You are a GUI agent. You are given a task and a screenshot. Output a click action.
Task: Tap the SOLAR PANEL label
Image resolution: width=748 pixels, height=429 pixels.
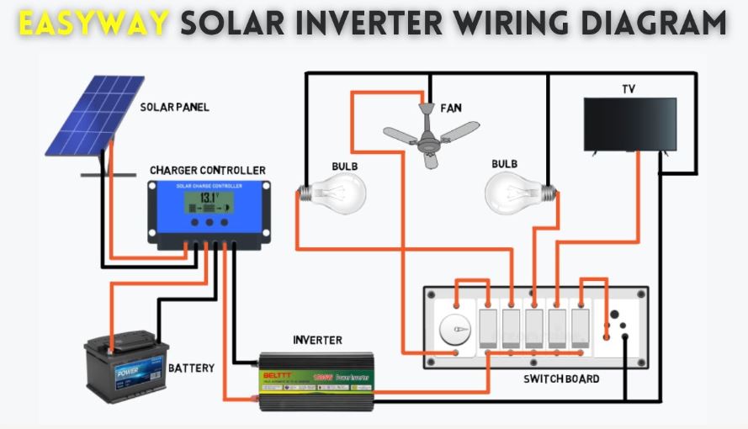click(x=174, y=108)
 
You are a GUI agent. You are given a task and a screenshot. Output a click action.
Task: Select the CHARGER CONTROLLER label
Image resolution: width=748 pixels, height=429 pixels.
click(x=207, y=171)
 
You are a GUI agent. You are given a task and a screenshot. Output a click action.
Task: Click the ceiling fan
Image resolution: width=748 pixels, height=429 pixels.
click(x=431, y=133)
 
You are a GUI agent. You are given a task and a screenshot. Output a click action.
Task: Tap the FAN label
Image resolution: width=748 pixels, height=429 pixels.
click(x=451, y=109)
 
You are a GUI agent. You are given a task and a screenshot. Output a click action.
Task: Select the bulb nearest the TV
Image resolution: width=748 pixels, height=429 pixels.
click(x=516, y=192)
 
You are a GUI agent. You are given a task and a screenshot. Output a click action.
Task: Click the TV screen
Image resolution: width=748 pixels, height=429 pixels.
click(x=630, y=124)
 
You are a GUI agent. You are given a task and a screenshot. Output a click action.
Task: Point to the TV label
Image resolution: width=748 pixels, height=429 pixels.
click(x=629, y=88)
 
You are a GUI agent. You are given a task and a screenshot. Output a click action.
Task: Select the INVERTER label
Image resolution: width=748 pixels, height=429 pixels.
click(x=317, y=340)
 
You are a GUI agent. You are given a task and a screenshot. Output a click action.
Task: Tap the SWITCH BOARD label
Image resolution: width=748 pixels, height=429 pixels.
click(x=561, y=379)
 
